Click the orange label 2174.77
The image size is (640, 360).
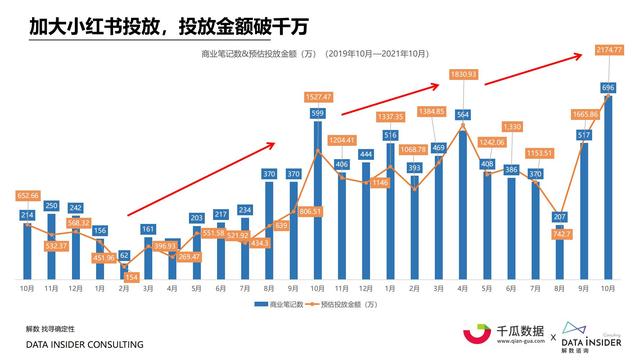607,49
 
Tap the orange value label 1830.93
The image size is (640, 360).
463,74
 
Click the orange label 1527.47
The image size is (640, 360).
318,97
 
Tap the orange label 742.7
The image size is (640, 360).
559,233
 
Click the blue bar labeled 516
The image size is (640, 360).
391,210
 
